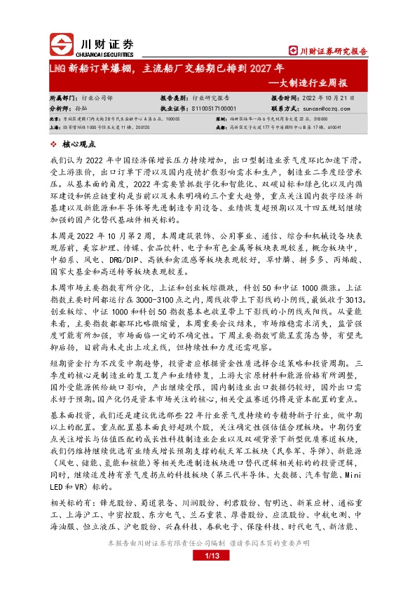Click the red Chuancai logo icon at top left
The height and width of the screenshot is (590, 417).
click(62, 45)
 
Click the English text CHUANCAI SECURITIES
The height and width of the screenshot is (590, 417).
click(100, 51)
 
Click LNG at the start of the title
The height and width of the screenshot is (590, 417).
click(58, 69)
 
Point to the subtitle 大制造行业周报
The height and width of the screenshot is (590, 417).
click(330, 83)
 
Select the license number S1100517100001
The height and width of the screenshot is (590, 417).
click(213, 109)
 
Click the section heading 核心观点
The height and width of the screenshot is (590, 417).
click(79, 144)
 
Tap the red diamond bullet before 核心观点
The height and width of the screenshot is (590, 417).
click(55, 144)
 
